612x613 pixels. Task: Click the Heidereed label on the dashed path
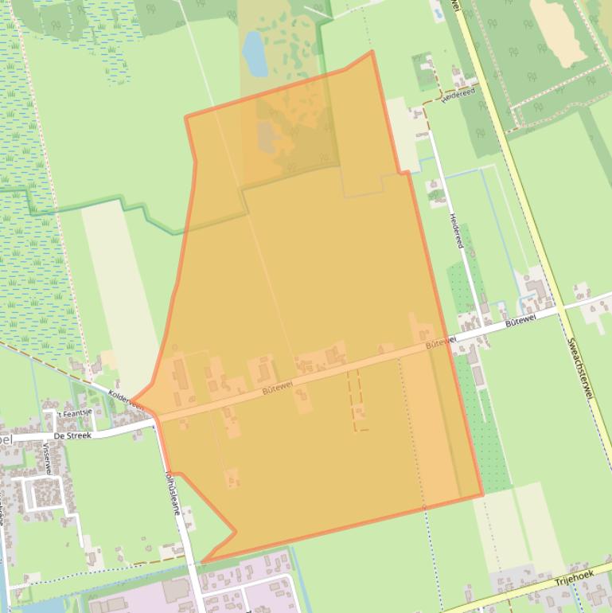[458, 93]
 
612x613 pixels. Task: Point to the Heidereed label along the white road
[455, 231]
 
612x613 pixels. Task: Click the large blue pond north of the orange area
[255, 53]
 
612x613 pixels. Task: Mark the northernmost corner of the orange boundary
[372, 53]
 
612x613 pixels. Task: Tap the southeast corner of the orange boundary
[482, 495]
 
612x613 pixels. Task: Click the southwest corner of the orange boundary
[202, 563]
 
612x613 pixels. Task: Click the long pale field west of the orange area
[119, 287]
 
